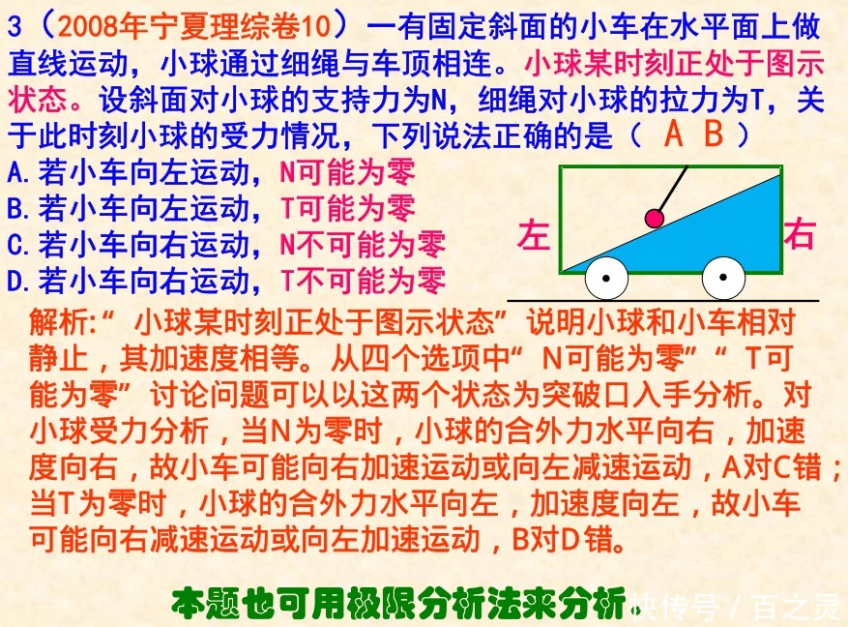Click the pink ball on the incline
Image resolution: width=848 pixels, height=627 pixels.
[x=655, y=219]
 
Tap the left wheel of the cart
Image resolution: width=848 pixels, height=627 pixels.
[x=605, y=279]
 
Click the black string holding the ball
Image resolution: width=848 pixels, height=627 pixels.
[x=674, y=188]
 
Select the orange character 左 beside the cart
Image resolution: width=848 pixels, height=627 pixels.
[x=533, y=236]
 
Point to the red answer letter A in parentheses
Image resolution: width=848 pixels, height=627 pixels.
[x=674, y=135]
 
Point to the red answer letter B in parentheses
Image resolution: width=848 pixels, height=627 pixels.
[x=714, y=135]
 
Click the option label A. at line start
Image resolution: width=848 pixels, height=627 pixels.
[x=20, y=173]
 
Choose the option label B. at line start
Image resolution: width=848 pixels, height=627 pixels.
[x=20, y=208]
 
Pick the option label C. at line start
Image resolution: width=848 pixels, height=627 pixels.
[x=20, y=244]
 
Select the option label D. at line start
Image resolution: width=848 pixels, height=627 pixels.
[x=20, y=281]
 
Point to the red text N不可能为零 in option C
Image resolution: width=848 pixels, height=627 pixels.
[x=363, y=244]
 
